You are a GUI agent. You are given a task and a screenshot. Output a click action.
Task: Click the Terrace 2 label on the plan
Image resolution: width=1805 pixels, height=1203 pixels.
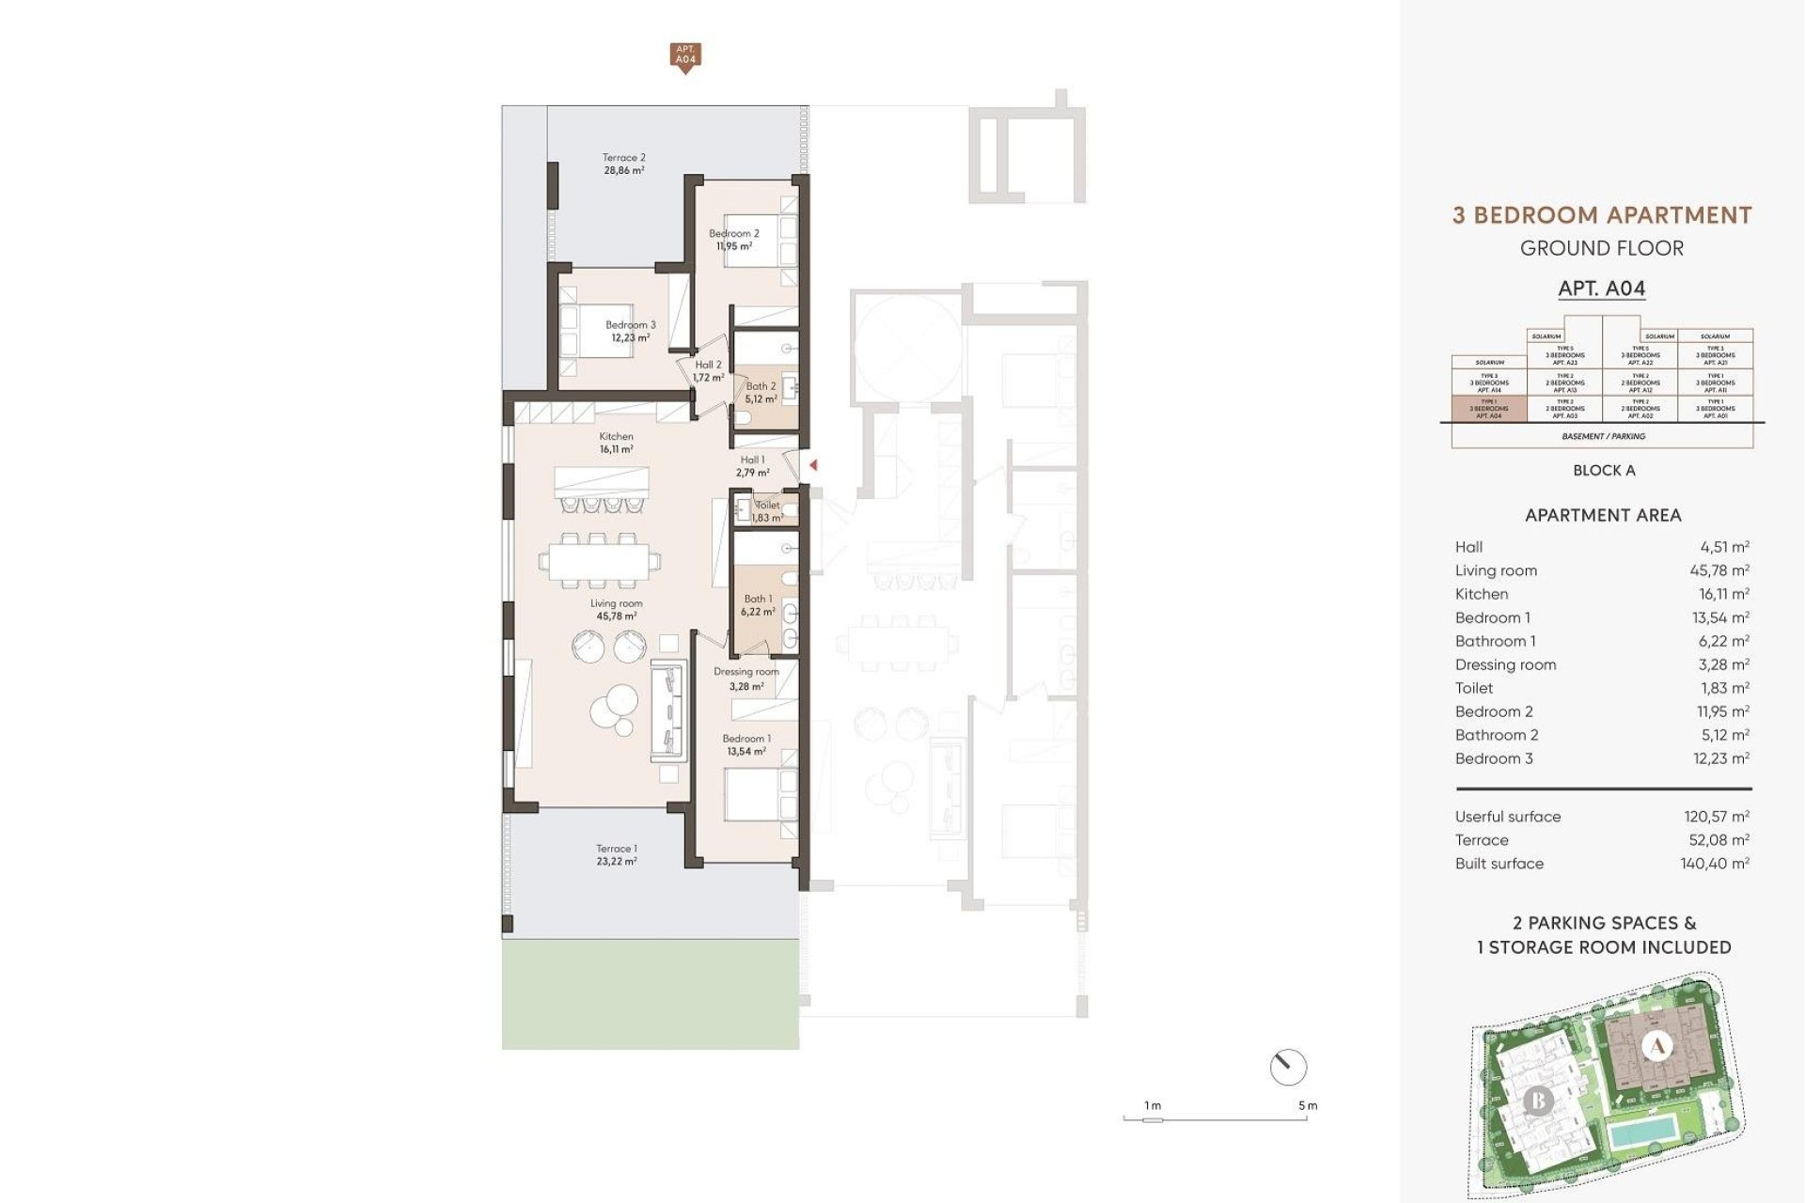[x=624, y=164]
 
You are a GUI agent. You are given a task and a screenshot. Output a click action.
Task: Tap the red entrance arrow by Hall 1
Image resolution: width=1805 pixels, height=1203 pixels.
[x=813, y=464]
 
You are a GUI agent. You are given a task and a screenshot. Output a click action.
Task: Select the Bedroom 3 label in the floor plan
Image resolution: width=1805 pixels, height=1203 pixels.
[x=630, y=331]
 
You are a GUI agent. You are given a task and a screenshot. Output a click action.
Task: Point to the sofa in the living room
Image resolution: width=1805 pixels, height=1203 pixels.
[x=667, y=711]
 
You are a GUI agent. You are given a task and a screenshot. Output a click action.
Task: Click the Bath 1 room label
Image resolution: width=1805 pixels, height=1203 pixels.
[x=758, y=604]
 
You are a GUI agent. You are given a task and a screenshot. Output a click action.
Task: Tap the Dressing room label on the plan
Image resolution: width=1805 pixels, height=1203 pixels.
[x=746, y=678]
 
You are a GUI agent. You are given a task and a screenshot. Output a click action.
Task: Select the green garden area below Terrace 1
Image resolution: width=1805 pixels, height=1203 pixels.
[x=650, y=993]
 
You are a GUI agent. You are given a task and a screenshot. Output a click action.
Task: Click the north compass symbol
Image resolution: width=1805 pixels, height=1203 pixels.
[x=1287, y=1067]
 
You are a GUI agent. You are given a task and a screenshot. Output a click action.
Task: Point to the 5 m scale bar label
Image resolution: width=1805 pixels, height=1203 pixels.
[x=1307, y=1105]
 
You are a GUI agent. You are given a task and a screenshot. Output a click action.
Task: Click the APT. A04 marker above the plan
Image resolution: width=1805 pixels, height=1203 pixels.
[x=685, y=55]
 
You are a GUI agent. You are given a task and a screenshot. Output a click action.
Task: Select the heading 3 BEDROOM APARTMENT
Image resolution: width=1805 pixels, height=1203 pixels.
[x=1602, y=215]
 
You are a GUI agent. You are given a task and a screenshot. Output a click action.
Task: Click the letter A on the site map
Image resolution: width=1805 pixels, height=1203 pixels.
[x=1656, y=1045]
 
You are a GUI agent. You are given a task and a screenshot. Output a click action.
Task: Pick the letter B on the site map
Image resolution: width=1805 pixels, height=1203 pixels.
[x=1538, y=1100]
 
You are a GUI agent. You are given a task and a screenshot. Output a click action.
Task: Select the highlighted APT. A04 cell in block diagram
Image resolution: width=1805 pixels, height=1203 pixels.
[x=1489, y=409]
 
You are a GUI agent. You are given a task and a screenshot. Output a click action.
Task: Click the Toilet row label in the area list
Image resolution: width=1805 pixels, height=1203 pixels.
[x=1473, y=688]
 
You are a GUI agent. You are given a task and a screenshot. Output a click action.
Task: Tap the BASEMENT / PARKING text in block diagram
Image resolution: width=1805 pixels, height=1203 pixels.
[x=1603, y=436]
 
